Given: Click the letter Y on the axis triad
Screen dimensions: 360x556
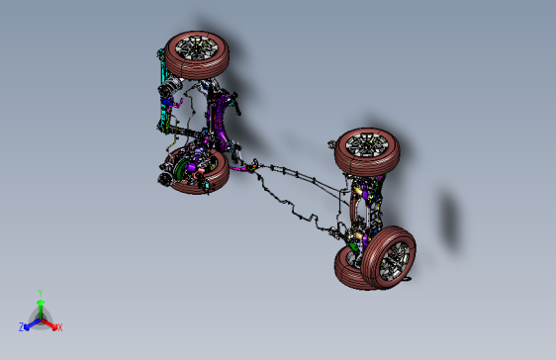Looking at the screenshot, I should pyautogui.click(x=40, y=292).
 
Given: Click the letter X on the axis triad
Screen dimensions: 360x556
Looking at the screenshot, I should pyautogui.click(x=59, y=327).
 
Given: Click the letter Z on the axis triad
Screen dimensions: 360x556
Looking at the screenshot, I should pyautogui.click(x=22, y=326).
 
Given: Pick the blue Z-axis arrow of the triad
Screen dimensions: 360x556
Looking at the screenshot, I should pyautogui.click(x=31, y=322).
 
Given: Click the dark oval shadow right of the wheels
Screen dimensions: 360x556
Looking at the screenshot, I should pyautogui.click(x=450, y=219).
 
